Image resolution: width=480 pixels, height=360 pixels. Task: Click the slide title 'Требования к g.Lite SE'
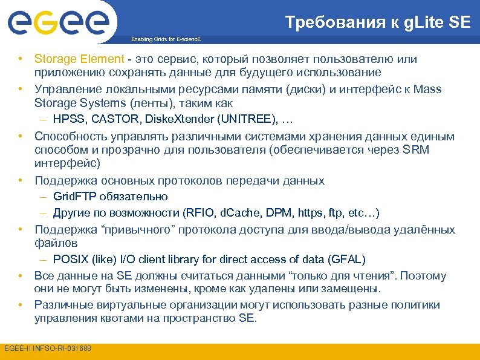point(377,22)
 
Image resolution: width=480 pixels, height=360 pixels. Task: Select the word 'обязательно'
point(135,197)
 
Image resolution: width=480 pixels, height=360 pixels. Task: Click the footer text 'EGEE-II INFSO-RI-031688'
point(48,349)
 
